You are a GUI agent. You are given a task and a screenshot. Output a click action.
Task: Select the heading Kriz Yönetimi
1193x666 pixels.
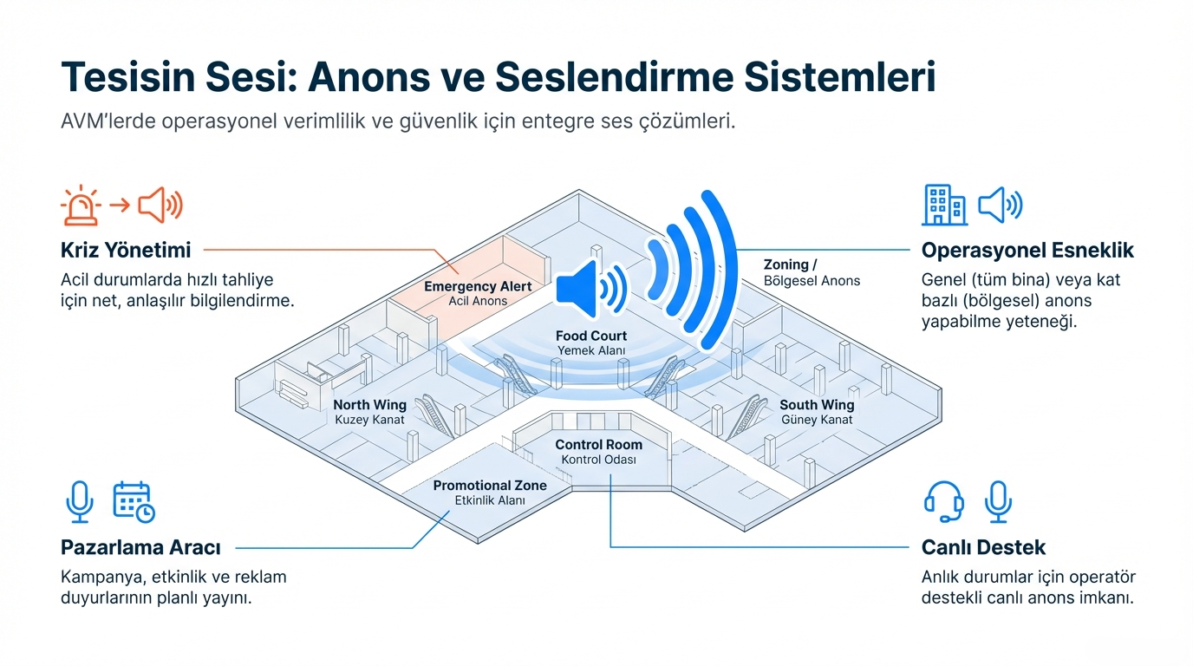tap(125, 251)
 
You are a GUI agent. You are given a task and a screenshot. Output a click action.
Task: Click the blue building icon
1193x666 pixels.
tap(944, 205)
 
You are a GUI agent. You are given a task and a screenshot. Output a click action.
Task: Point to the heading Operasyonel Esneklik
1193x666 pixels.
tap(1027, 251)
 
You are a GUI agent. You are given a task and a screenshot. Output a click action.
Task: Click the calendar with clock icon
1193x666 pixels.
tap(134, 501)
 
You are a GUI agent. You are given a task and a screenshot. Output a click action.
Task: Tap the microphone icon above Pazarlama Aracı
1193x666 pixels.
tap(80, 501)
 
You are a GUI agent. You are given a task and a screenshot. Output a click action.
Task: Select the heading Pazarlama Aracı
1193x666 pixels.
tap(140, 548)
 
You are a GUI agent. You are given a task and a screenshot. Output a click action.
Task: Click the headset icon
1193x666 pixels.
tap(944, 501)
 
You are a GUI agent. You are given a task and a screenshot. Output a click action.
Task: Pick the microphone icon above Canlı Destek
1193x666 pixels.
tap(998, 501)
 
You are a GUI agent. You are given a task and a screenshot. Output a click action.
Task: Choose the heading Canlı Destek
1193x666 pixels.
tap(983, 548)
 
